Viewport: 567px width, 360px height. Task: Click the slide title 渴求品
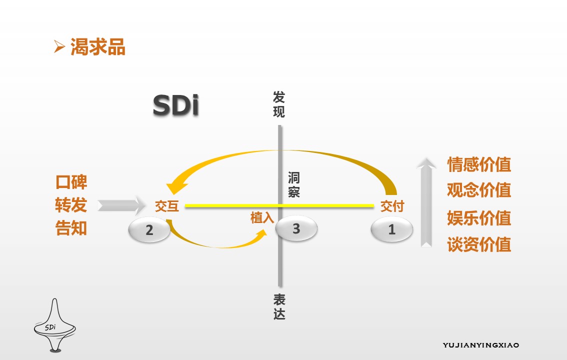[x=97, y=47]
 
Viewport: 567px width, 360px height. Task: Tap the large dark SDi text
[x=175, y=106]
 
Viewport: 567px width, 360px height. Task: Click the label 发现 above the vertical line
[x=278, y=104]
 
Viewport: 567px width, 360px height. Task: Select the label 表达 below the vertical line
[x=279, y=306]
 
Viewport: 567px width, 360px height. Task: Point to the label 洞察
[x=294, y=185]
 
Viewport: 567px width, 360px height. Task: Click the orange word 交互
[x=167, y=206]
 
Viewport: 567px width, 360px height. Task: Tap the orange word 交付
[x=392, y=206]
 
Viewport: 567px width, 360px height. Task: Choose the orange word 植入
[x=262, y=217]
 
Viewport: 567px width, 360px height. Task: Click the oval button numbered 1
[x=392, y=229]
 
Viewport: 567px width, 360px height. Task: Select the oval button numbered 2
[x=149, y=230]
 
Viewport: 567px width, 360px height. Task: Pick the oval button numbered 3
[x=296, y=229]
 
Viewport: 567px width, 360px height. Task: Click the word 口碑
[x=71, y=182]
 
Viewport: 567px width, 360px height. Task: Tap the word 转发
[x=71, y=205]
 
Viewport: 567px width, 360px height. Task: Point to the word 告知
[x=71, y=228]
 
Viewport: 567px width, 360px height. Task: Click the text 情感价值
[x=479, y=164]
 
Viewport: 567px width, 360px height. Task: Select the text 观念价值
[x=479, y=190]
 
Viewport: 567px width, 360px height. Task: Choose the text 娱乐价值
[x=479, y=218]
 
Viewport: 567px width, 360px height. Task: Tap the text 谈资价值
[x=479, y=244]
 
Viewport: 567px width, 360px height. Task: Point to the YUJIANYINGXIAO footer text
[x=481, y=345]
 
